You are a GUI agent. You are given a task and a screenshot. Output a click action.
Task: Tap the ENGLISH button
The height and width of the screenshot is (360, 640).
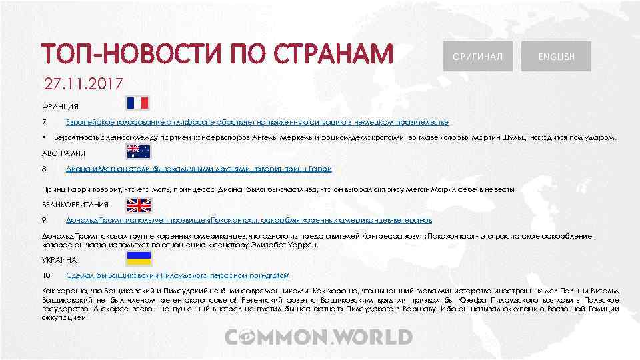click(x=557, y=57)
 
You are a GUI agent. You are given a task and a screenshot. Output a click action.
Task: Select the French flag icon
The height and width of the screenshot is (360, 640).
click(x=139, y=103)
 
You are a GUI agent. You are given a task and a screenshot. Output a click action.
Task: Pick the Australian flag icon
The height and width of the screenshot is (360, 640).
click(x=139, y=151)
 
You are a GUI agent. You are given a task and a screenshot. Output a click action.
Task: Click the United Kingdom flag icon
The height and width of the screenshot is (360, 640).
click(x=139, y=204)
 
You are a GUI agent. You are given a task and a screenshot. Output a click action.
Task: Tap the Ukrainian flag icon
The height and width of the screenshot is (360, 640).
click(x=139, y=257)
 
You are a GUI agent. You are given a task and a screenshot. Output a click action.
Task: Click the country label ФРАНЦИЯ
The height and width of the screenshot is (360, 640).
click(x=60, y=107)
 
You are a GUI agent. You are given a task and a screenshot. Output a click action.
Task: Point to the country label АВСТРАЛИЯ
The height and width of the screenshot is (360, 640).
click(x=64, y=153)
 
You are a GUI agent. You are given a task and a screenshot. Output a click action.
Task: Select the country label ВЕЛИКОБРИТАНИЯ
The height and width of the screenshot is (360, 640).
click(x=75, y=205)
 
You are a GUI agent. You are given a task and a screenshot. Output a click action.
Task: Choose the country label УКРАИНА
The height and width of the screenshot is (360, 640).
click(x=59, y=259)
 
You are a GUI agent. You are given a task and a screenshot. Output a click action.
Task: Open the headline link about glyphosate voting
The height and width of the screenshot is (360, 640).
click(x=257, y=123)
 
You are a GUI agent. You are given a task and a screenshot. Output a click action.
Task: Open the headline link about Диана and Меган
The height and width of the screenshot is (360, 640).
click(x=199, y=169)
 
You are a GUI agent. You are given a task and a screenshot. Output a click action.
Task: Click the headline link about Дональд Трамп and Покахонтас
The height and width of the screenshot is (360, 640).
click(x=249, y=220)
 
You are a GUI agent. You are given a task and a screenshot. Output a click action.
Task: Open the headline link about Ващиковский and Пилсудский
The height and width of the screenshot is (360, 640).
click(x=177, y=275)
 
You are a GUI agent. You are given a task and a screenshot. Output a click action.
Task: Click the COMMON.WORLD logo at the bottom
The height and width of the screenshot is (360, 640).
click(x=318, y=337)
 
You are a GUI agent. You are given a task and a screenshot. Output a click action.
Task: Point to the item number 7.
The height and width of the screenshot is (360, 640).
click(x=44, y=123)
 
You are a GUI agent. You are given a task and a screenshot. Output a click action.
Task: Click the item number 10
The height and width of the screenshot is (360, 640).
click(x=46, y=275)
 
